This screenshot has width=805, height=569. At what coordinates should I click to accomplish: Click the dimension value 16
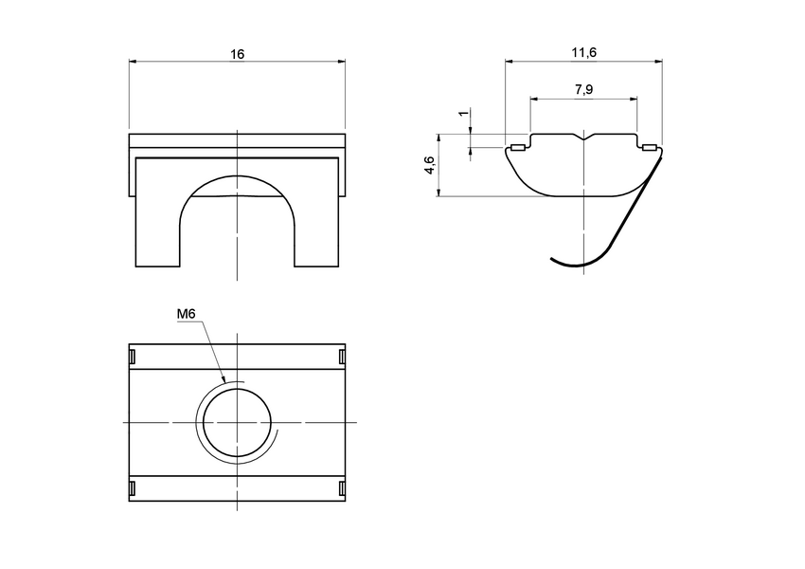pyautogui.click(x=237, y=54)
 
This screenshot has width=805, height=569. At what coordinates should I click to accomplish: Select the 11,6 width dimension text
pyautogui.click(x=583, y=54)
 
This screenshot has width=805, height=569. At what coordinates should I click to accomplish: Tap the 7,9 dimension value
pyautogui.click(x=584, y=89)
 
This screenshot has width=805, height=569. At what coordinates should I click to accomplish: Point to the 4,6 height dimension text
pyautogui.click(x=429, y=165)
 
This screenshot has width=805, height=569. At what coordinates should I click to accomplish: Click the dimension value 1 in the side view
pyautogui.click(x=462, y=114)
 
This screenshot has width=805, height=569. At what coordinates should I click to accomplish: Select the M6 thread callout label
pyautogui.click(x=187, y=315)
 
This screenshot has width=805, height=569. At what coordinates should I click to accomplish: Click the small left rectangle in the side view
pyautogui.click(x=517, y=147)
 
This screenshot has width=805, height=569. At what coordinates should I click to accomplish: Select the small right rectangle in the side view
pyautogui.click(x=649, y=147)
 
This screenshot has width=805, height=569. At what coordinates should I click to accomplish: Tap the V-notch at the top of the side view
pyautogui.click(x=583, y=138)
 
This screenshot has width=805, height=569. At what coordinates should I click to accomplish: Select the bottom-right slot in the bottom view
pyautogui.click(x=341, y=489)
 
